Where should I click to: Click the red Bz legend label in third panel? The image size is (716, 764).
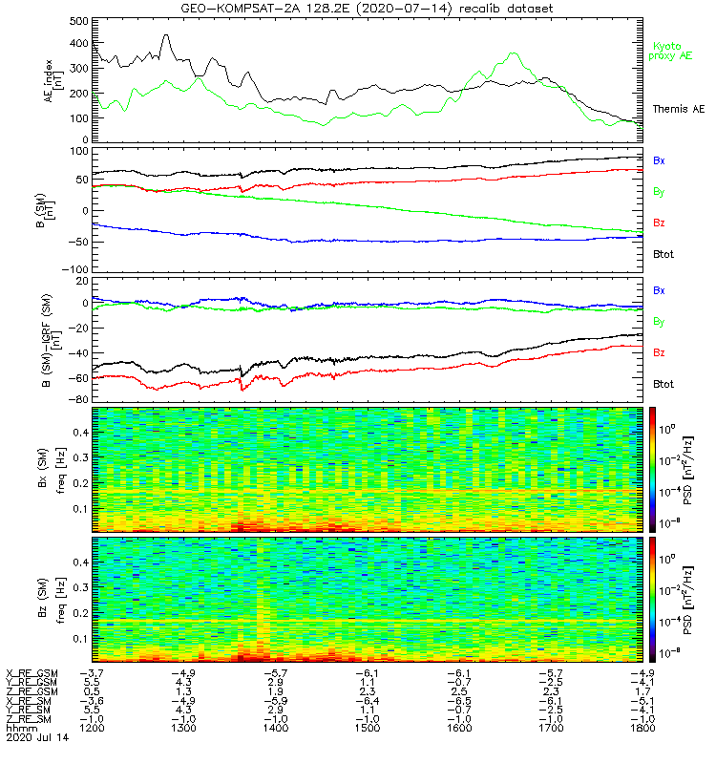(659, 353)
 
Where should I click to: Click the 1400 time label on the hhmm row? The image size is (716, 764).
(275, 728)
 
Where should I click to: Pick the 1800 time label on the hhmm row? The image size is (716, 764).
(642, 728)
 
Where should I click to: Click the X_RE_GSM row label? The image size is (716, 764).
(32, 673)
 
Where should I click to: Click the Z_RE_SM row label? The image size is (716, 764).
(31, 718)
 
